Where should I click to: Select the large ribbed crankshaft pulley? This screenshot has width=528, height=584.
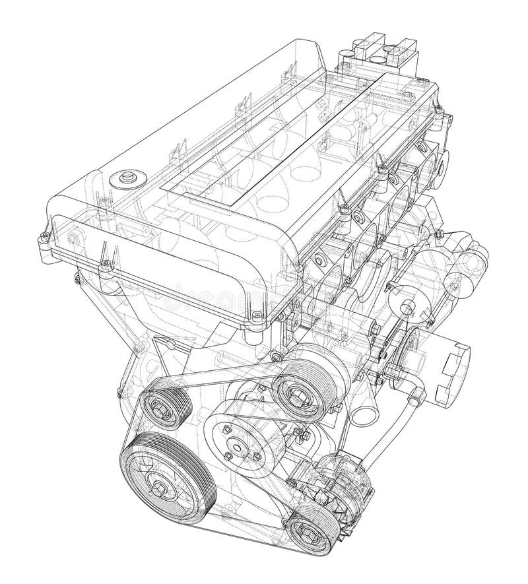[x=158, y=478]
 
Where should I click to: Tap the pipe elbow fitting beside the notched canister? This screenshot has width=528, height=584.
[x=414, y=397]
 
